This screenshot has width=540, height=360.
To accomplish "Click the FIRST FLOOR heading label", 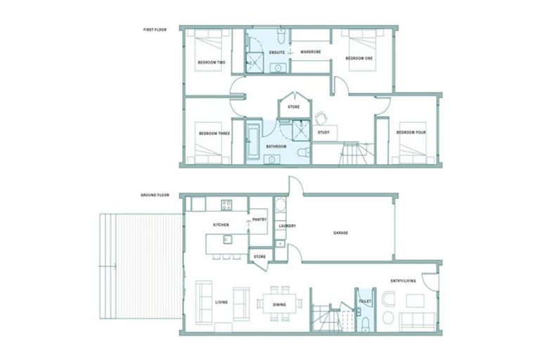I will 155,30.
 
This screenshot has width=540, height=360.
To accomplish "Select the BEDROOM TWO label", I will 211,63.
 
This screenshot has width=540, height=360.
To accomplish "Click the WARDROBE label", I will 311,51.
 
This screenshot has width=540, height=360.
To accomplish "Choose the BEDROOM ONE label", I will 359,59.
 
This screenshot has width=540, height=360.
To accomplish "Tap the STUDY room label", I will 324,131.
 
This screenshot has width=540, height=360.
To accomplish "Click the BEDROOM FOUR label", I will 410,131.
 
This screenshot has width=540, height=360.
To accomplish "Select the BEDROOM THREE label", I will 214,133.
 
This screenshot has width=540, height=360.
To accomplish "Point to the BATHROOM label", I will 276,146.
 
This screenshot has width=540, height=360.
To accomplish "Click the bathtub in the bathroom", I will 253,141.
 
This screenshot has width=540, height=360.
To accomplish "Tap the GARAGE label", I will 342,233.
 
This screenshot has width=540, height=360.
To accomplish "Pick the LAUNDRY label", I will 285,226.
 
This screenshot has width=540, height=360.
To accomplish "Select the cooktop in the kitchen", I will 227,205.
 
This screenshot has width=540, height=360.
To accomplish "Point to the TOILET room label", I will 364,302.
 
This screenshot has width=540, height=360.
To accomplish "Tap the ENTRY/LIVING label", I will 403,281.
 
